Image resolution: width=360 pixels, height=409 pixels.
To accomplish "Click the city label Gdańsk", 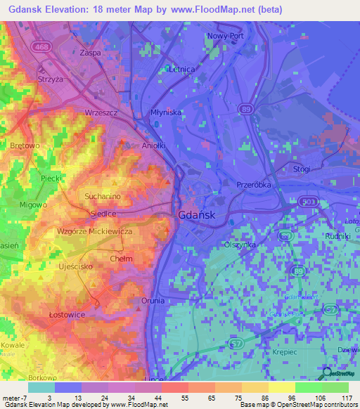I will click(196, 215).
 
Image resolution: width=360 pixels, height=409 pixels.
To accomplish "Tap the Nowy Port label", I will click(225, 36).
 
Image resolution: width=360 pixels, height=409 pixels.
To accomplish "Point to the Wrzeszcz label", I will click(100, 112).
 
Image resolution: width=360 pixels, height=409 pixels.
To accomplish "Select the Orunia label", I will click(153, 300).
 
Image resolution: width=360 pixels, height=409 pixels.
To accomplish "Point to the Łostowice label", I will click(67, 314).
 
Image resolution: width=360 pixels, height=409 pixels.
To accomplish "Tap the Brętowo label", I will click(25, 145).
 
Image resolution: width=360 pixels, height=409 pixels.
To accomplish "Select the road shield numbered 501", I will click(309, 202).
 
